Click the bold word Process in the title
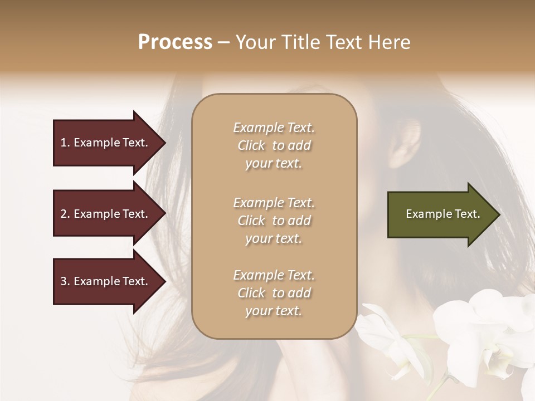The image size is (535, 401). tap(175, 42)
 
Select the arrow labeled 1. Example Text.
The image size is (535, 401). tap(106, 143)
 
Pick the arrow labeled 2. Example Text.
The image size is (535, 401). tap(106, 214)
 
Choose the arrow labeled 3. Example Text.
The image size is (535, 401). tap(106, 281)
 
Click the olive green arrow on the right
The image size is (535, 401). tap(440, 214)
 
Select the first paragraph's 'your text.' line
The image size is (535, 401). tap(274, 164)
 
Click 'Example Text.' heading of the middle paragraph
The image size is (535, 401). tap(274, 203)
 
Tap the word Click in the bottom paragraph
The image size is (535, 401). tap(251, 293)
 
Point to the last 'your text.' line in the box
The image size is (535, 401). tap(274, 311)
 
